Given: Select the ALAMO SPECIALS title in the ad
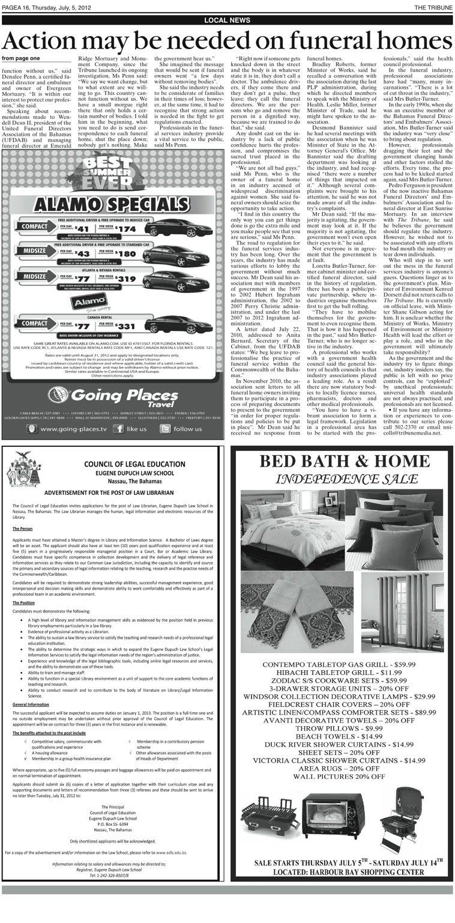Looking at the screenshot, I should [113, 204].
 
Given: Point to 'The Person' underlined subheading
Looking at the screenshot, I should [23, 528].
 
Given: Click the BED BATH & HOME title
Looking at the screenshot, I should [340, 462].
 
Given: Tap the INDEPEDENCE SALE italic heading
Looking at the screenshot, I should [340, 479].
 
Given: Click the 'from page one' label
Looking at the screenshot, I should [21, 58].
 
